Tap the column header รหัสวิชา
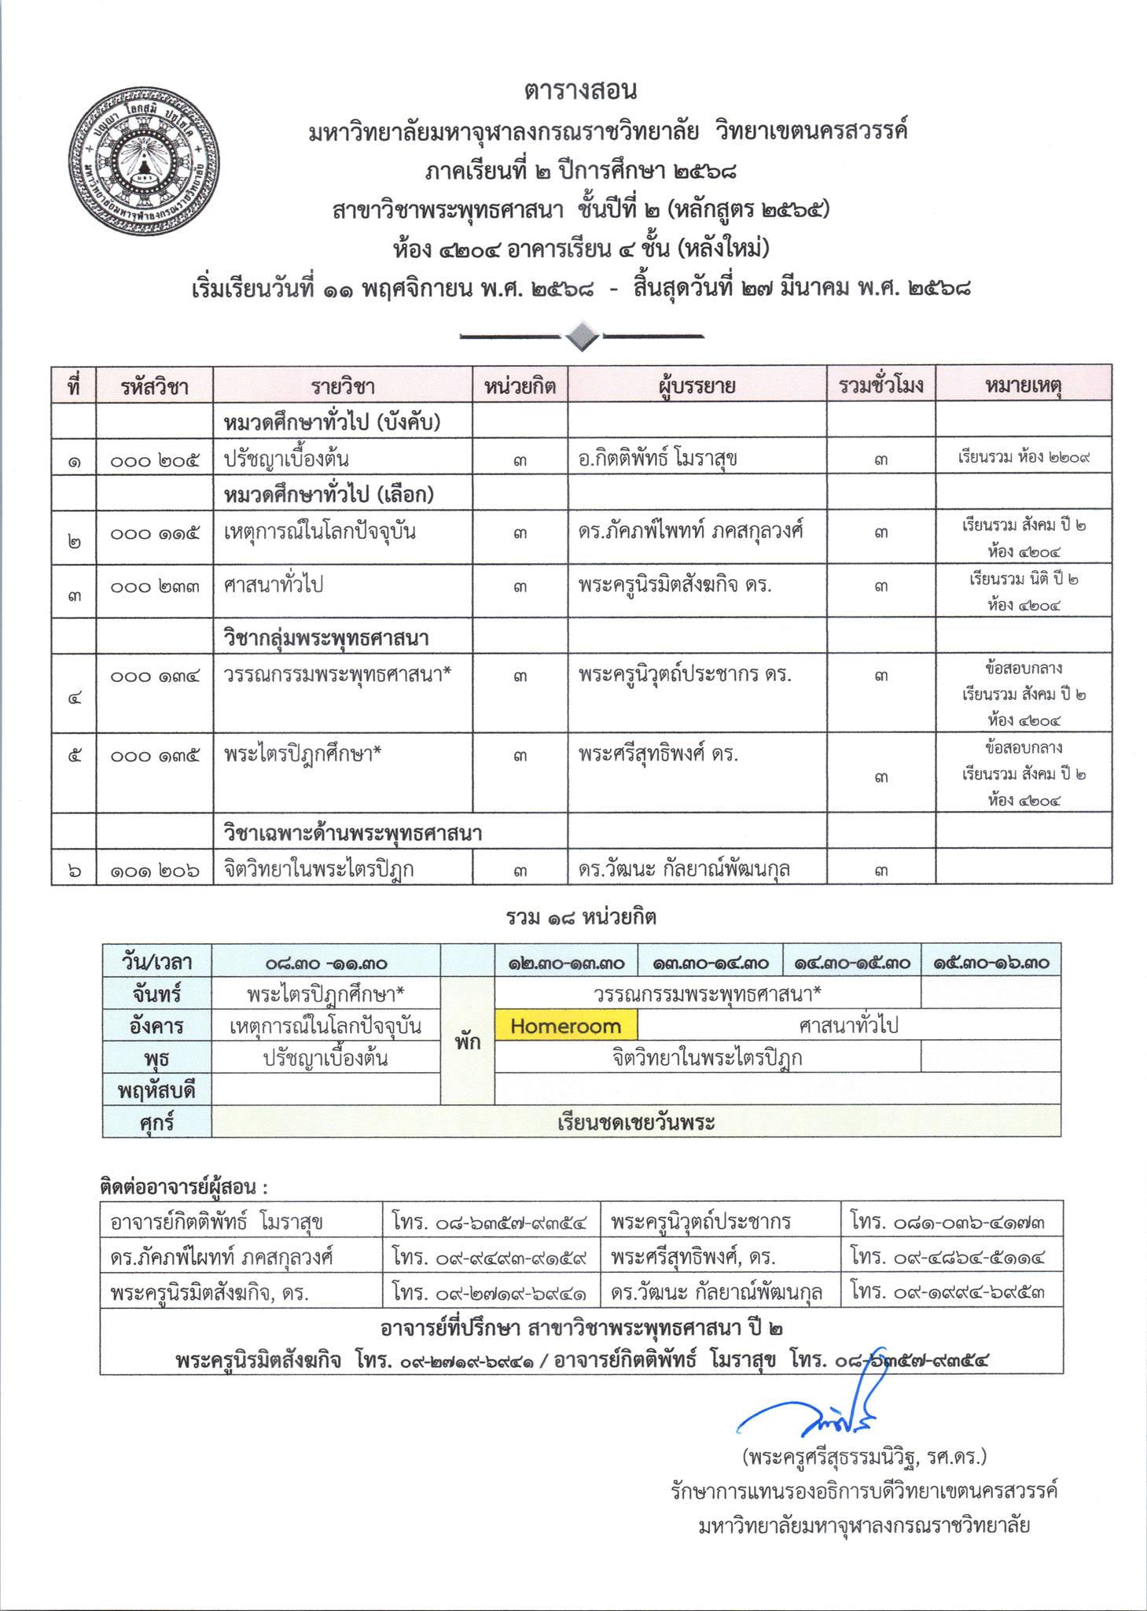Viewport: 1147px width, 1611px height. point(155,386)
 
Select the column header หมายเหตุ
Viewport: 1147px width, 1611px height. point(1023,385)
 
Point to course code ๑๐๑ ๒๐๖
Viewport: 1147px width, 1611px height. point(155,869)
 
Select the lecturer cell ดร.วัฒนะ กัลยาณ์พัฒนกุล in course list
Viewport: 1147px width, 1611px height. point(684,869)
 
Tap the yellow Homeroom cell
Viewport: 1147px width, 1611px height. point(565,1027)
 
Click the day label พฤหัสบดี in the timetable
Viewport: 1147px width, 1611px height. point(156,1091)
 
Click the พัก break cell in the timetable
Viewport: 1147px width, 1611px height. point(467,1042)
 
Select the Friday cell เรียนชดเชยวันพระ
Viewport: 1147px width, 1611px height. point(636,1123)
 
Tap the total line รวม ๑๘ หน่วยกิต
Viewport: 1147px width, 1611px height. point(580,917)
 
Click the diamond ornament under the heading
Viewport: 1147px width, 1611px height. point(581,337)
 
